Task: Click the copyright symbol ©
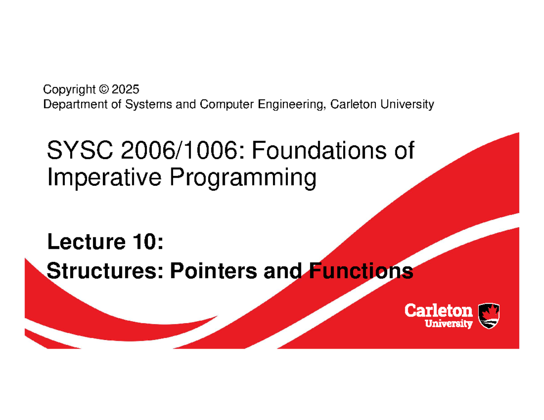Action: (104, 89)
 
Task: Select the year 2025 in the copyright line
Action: (125, 89)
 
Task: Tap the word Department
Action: (75, 104)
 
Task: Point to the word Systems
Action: (148, 104)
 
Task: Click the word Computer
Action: (227, 104)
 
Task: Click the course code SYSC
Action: (80, 150)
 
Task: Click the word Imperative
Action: (104, 178)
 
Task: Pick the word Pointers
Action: (214, 270)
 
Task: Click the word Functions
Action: (361, 270)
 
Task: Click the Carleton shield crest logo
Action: (489, 316)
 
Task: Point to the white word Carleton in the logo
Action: (439, 311)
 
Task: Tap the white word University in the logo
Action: (449, 323)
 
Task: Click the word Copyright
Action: (69, 90)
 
